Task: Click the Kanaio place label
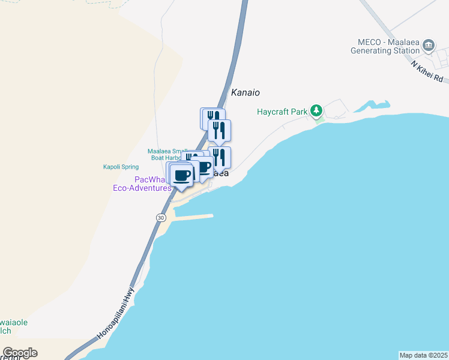(246, 93)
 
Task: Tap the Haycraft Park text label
(282, 112)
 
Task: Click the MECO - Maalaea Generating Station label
(385, 46)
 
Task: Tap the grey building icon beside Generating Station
(428, 46)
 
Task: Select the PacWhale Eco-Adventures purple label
(142, 184)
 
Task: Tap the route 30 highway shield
(160, 217)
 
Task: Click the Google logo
(20, 353)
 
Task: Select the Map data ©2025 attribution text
(423, 355)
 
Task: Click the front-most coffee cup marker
(182, 176)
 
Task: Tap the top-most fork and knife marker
(212, 117)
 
